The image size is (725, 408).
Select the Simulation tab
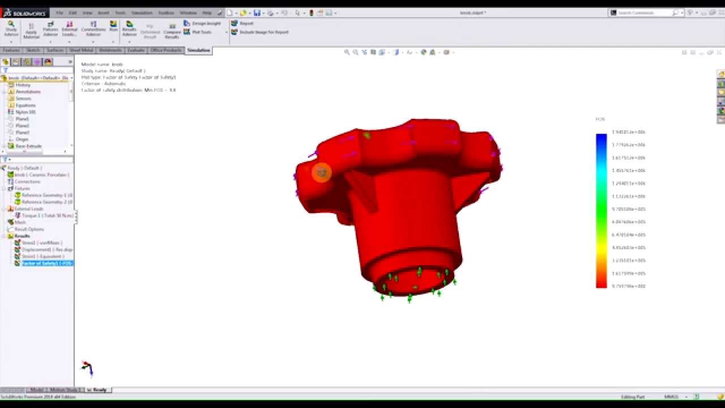[198, 50]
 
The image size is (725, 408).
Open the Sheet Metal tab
[82, 50]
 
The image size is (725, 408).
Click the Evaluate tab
[135, 50]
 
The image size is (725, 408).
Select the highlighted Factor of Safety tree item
[47, 263]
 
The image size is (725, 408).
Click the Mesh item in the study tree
[20, 222]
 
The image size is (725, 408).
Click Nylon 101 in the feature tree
[25, 112]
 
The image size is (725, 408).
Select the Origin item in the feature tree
[22, 139]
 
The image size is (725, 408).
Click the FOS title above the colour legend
[600, 120]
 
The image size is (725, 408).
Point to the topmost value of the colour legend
[628, 132]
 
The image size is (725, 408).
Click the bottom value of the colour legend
[628, 286]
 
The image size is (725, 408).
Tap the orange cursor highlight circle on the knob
[322, 172]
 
